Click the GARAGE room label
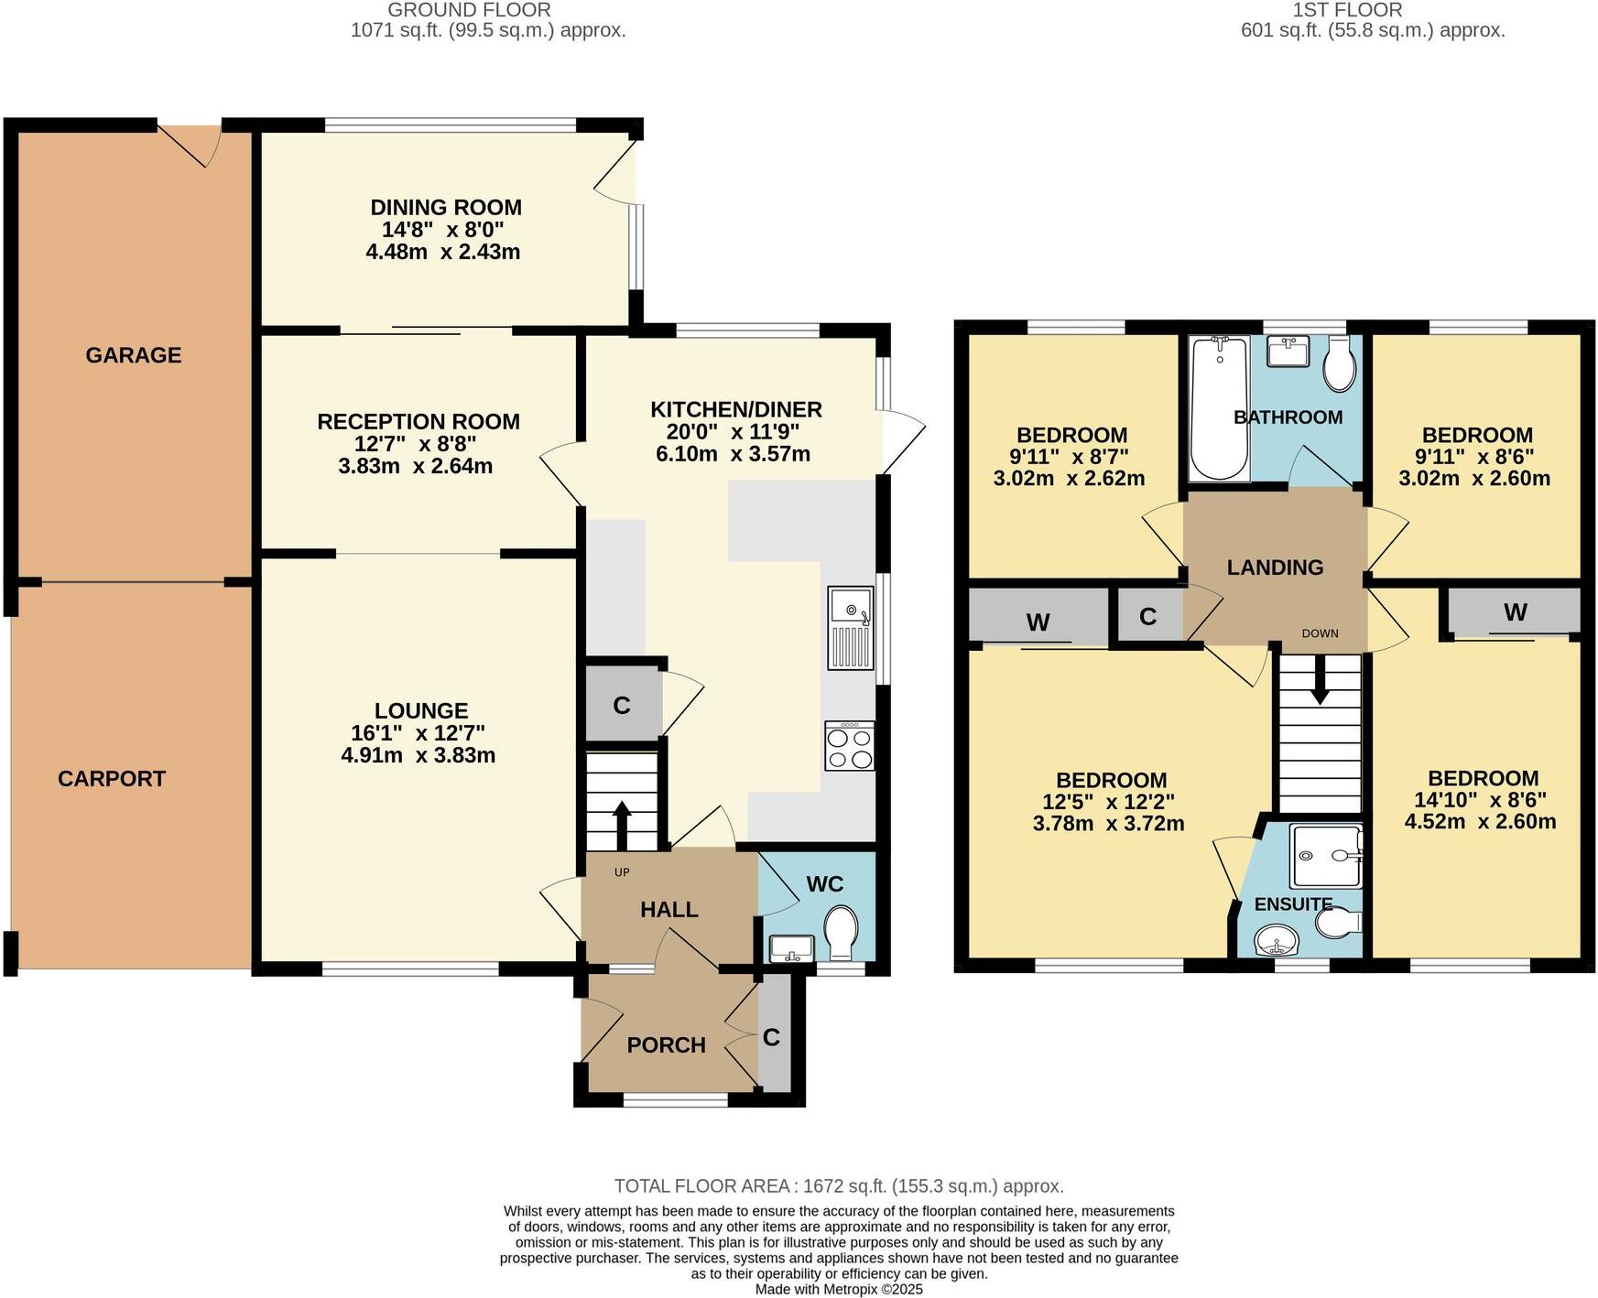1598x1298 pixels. pyautogui.click(x=134, y=355)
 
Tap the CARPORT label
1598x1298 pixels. pyautogui.click(x=112, y=779)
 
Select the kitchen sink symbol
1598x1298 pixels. pyautogui.click(x=852, y=628)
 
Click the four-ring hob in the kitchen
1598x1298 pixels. pyautogui.click(x=849, y=746)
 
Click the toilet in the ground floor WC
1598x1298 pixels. pyautogui.click(x=840, y=931)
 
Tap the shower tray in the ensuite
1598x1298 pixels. pyautogui.click(x=1325, y=856)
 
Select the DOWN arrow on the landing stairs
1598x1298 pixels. pyautogui.click(x=1320, y=682)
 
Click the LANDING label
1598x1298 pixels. pyautogui.click(x=1275, y=568)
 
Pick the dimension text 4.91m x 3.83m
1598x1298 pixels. pyautogui.click(x=418, y=755)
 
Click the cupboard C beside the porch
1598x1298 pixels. pyautogui.click(x=772, y=1037)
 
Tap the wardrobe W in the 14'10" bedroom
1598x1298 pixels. pyautogui.click(x=1515, y=612)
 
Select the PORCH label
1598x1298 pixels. pyautogui.click(x=666, y=1045)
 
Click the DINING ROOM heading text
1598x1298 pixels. pyautogui.click(x=446, y=208)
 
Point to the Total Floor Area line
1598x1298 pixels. pyautogui.click(x=838, y=1186)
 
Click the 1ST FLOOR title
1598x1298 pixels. pyautogui.click(x=1347, y=10)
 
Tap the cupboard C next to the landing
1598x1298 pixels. pyautogui.click(x=1147, y=617)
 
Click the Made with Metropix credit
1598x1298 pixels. pyautogui.click(x=838, y=1289)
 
